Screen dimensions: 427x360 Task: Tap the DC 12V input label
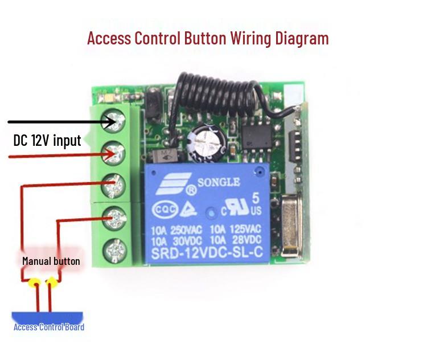click(x=47, y=140)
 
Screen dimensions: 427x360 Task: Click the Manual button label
click(x=51, y=261)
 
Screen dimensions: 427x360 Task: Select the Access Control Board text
click(x=49, y=327)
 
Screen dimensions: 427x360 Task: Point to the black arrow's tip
click(x=115, y=121)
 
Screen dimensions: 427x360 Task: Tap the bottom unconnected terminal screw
click(x=115, y=251)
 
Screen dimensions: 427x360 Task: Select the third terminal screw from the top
click(x=113, y=186)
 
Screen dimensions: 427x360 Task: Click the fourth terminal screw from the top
click(x=114, y=218)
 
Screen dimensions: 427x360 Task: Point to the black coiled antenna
click(x=218, y=95)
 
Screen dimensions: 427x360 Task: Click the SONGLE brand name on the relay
click(x=219, y=183)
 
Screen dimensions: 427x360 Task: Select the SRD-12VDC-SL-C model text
click(x=207, y=253)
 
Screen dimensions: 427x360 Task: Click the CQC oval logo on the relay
click(x=165, y=210)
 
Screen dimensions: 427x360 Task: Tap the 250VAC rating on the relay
click(x=186, y=231)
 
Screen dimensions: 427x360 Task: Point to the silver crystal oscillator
click(x=291, y=226)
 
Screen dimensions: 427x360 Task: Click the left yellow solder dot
click(x=35, y=283)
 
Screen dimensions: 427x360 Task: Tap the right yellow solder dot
click(x=52, y=283)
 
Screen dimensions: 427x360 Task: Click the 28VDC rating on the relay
click(x=247, y=240)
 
